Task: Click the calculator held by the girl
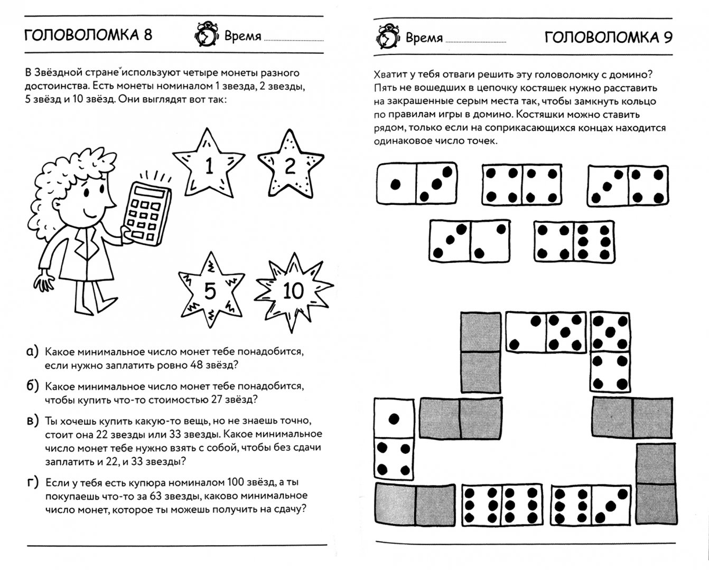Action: click(x=144, y=212)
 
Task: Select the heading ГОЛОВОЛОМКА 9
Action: click(x=608, y=37)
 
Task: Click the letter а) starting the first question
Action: click(x=32, y=351)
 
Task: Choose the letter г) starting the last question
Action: click(x=32, y=482)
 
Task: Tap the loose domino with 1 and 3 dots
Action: click(x=417, y=184)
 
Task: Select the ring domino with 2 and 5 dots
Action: click(x=546, y=332)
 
